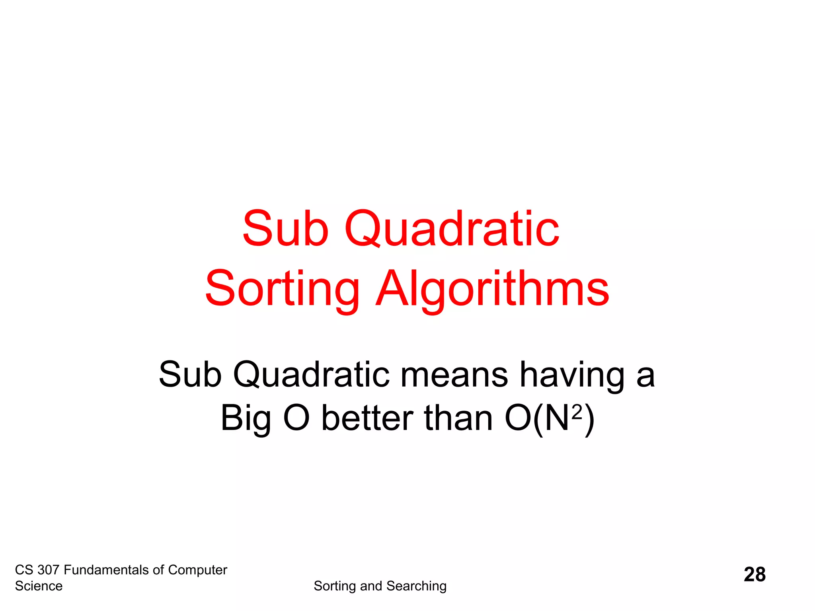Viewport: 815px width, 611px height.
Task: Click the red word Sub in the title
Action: [285, 228]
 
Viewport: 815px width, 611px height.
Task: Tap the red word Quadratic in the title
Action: [452, 229]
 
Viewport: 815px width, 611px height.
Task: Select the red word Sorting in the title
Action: [282, 289]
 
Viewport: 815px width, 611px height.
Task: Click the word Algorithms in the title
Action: [492, 289]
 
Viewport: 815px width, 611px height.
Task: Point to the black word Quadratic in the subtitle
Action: [311, 375]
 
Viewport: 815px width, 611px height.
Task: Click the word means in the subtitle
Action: [454, 375]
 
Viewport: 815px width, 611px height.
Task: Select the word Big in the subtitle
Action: [246, 418]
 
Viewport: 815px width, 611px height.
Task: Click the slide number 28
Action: [755, 574]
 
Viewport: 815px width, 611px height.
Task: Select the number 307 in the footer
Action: [48, 570]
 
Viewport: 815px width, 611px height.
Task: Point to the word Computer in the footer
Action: [197, 570]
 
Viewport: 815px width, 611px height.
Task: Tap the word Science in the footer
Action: [39, 586]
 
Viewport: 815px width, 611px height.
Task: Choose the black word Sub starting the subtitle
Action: [190, 375]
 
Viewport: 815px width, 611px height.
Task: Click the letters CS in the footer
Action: [24, 570]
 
